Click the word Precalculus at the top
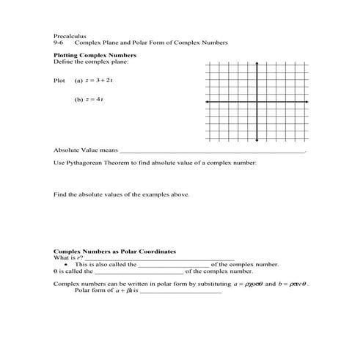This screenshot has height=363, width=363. point(68,35)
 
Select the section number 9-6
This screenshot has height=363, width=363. point(59,43)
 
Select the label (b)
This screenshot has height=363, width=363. point(79,99)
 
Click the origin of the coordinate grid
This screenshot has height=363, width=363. point(257,101)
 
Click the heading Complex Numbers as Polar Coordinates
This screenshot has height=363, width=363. point(114,252)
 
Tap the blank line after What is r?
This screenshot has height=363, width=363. point(160,258)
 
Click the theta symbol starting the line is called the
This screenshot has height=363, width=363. point(56,271)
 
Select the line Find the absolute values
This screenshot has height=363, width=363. point(121,195)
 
